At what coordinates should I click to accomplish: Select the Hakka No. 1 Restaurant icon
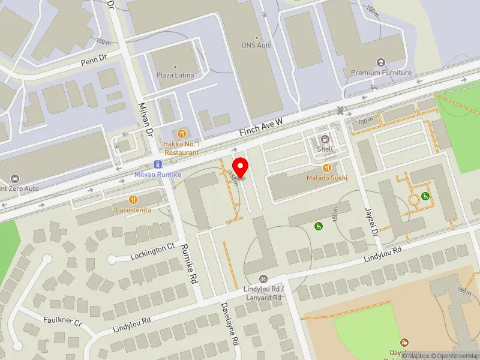181,133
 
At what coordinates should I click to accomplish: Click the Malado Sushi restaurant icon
327,167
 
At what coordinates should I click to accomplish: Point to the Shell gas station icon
325,139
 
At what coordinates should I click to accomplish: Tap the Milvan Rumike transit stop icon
157,164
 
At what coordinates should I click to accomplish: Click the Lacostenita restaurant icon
133,200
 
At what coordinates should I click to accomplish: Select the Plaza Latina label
175,75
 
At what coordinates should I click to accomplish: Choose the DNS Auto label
257,44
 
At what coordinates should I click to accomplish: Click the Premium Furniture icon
380,62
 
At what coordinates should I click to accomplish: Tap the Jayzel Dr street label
371,221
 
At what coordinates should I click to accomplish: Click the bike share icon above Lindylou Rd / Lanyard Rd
263,279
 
